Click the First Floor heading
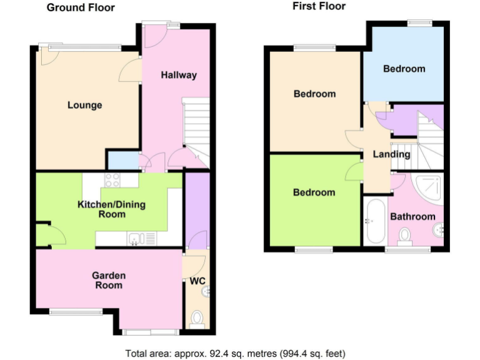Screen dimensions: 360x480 pos(319,6)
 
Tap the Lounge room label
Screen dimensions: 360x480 pos(84,105)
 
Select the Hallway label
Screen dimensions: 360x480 pos(179,75)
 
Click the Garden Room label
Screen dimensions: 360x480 pos(109,280)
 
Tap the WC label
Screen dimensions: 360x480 pos(197,281)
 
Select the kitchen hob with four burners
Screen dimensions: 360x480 pos(113,180)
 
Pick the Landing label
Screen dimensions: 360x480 pos(391,154)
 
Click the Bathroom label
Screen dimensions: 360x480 pos(412,217)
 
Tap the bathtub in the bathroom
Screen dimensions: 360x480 pos(375,222)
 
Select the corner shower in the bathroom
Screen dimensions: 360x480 pos(431,188)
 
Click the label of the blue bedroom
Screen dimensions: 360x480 pos(404,69)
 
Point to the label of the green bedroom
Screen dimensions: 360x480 pos(314,192)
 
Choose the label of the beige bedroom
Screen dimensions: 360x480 pos(314,94)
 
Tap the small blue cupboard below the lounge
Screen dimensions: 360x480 pos(122,161)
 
